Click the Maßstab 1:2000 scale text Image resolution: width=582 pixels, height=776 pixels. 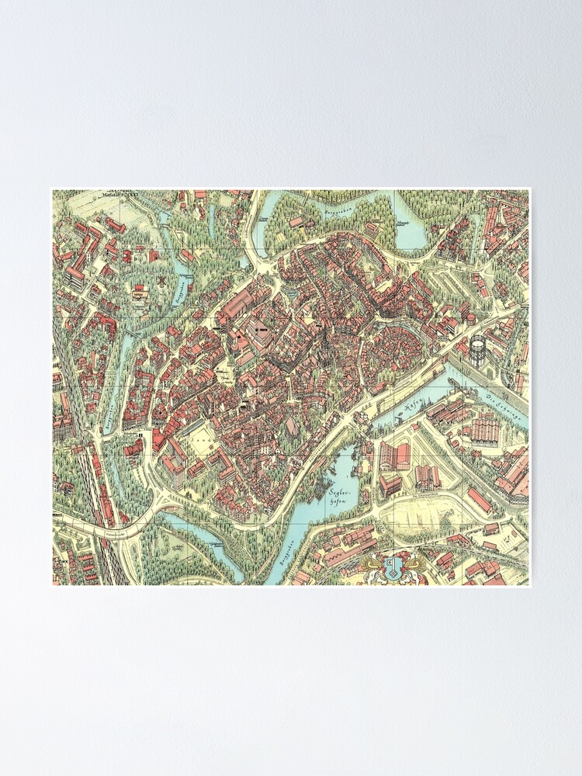click(116, 194)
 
